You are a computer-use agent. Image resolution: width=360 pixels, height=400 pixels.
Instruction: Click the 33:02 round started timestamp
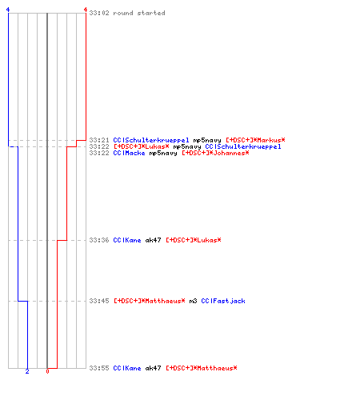(x=99, y=13)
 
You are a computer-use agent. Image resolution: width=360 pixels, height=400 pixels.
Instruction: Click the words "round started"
(x=139, y=13)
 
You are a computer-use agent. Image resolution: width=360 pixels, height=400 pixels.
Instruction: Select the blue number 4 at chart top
(x=8, y=10)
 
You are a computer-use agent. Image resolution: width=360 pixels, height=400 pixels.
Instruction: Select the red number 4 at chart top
(x=86, y=10)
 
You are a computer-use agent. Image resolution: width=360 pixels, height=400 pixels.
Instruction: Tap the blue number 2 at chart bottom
(x=27, y=371)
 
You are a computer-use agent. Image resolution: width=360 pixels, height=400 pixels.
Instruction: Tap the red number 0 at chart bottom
(x=47, y=371)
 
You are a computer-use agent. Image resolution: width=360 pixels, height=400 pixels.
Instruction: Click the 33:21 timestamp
(x=99, y=140)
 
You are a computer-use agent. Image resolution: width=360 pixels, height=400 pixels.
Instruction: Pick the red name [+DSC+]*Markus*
(x=255, y=140)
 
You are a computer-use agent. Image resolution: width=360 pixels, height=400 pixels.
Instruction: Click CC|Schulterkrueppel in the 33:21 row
(x=151, y=140)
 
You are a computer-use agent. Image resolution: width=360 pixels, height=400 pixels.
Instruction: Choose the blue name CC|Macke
(x=129, y=153)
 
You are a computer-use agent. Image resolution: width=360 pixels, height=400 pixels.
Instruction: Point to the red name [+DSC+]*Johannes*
(x=215, y=153)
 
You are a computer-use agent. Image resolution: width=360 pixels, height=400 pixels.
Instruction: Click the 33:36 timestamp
(x=99, y=240)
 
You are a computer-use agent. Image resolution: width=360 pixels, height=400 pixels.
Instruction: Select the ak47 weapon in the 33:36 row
(x=153, y=240)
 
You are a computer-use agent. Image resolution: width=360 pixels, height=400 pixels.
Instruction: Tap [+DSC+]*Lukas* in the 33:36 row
(x=194, y=240)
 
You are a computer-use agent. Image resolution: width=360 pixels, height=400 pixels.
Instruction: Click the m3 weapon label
(x=193, y=301)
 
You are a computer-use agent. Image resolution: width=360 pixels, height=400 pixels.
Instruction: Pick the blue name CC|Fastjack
(x=223, y=301)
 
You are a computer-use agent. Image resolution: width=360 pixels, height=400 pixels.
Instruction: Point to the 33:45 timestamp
(x=99, y=301)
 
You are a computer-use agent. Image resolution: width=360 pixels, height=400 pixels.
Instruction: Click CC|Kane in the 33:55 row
(x=127, y=368)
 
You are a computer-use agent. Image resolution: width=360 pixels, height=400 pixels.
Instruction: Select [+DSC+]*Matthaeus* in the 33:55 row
(x=202, y=368)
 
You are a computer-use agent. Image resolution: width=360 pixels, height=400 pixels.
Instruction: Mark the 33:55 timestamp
(x=99, y=368)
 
